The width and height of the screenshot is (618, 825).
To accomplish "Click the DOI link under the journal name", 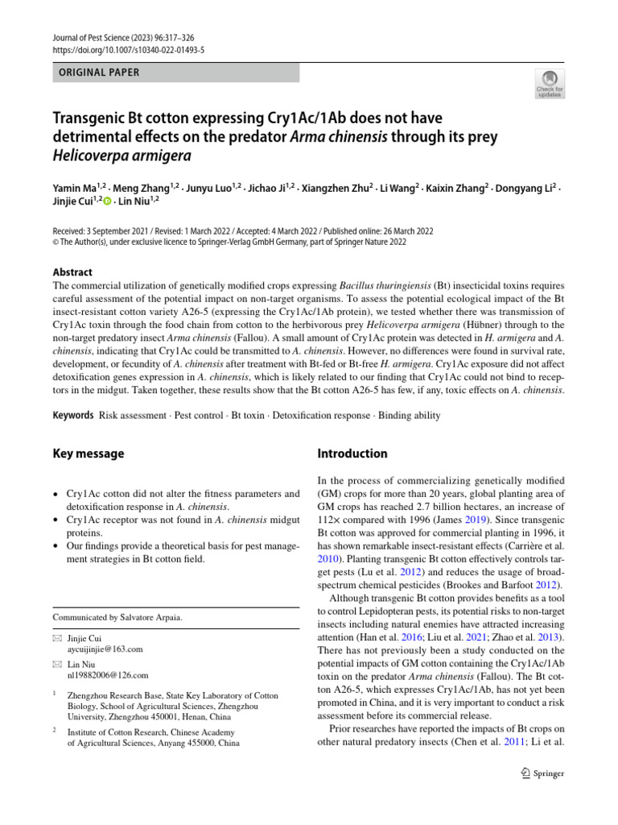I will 128,49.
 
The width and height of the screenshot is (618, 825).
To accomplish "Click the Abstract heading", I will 72,272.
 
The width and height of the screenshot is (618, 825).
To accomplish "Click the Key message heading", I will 89,454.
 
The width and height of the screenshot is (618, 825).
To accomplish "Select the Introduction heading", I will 352,454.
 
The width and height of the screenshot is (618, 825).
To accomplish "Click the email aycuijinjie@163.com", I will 105,649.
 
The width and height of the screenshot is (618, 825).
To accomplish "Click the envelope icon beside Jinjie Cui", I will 56,637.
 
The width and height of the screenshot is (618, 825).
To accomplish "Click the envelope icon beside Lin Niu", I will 56,664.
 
